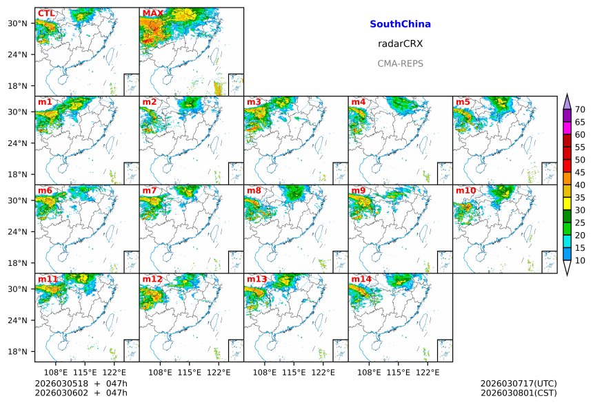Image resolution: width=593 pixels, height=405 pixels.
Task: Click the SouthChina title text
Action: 400,24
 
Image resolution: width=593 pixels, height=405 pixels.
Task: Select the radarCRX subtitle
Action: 400,43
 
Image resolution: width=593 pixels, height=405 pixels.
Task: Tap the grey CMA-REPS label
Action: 400,63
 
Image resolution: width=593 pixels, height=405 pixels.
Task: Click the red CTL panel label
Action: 46,13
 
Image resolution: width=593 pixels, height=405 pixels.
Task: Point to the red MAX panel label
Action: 152,13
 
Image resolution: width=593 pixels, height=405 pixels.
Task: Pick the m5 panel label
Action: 463,102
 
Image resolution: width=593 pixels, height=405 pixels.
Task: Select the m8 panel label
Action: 254,190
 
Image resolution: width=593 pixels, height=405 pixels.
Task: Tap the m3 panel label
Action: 254,102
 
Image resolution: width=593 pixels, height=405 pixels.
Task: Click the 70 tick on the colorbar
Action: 581,110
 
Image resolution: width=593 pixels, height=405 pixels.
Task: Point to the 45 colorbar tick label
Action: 581,172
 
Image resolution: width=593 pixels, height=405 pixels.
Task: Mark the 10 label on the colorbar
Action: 581,260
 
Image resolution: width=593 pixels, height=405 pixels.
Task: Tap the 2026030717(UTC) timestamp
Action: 518,383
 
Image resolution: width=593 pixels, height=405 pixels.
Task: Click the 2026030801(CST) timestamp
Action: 518,393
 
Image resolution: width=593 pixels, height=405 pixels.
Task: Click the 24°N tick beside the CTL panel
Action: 22,54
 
